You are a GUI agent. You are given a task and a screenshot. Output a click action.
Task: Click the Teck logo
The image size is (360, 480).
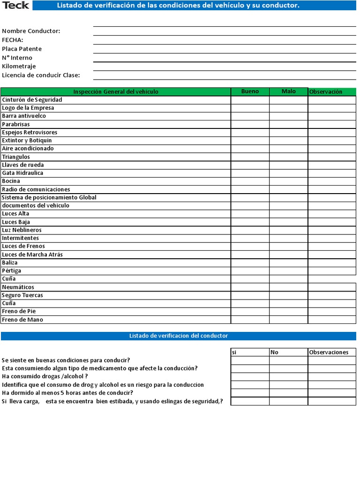pyautogui.click(x=15, y=5)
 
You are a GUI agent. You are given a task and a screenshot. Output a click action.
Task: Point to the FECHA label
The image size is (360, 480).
pyautogui.click(x=13, y=40)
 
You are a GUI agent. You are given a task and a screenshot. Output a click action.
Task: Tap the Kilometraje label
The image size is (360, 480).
pyautogui.click(x=19, y=66)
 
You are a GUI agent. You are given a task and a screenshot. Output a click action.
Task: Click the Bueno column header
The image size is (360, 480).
pyautogui.click(x=250, y=91)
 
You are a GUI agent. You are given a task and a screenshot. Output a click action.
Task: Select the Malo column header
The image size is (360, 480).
pyautogui.click(x=288, y=91)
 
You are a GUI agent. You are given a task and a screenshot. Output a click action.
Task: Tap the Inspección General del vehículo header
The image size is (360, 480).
pyautogui.click(x=116, y=91)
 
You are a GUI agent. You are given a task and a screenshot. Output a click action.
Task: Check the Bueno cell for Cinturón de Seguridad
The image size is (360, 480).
pyautogui.click(x=250, y=100)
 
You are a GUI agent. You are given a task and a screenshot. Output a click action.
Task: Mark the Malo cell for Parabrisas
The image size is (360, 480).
pyautogui.click(x=288, y=124)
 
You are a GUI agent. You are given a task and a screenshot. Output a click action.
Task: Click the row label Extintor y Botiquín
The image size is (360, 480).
pyautogui.click(x=27, y=141)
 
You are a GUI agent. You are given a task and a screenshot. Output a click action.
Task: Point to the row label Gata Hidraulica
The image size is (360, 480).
pyautogui.click(x=22, y=173)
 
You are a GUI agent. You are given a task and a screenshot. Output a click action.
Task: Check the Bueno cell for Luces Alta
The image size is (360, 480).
pyautogui.click(x=250, y=214)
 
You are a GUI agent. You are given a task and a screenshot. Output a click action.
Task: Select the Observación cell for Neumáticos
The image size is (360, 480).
pyautogui.click(x=332, y=287)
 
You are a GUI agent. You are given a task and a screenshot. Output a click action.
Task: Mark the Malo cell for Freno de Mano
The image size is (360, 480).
pyautogui.click(x=288, y=320)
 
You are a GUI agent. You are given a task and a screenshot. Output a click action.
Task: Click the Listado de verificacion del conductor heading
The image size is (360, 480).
pyautogui.click(x=178, y=336)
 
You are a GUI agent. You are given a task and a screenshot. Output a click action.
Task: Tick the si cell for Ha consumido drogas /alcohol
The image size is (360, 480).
pyautogui.click(x=249, y=376)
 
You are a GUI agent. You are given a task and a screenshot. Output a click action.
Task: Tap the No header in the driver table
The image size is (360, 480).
pyautogui.click(x=288, y=352)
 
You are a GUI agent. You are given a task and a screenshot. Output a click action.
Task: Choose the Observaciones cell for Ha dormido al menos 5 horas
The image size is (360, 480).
pyautogui.click(x=332, y=393)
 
